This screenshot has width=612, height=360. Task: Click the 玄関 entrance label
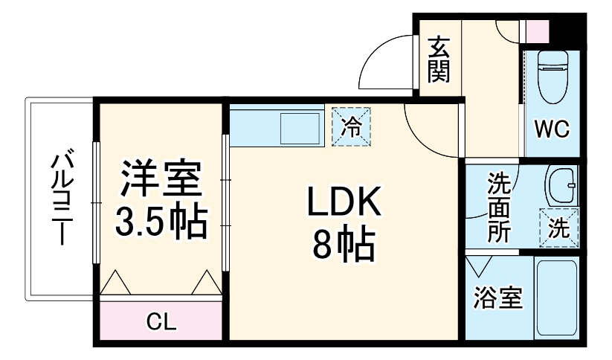[439, 60]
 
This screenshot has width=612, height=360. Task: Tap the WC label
[552, 129]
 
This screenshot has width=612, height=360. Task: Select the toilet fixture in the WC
[553, 77]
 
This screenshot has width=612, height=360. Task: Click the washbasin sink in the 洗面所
[561, 186]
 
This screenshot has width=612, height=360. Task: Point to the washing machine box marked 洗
[559, 228]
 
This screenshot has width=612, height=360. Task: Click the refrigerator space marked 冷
[351, 127]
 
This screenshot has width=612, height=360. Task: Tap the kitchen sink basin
[300, 128]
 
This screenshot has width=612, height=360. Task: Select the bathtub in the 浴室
[556, 298]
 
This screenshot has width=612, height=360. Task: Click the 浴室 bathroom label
[497, 298]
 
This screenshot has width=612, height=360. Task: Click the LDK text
[344, 202]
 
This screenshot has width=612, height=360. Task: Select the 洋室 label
[161, 179]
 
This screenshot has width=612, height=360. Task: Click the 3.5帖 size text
[161, 222]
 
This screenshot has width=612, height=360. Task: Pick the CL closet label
[161, 322]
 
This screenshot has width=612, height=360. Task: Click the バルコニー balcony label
[62, 197]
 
